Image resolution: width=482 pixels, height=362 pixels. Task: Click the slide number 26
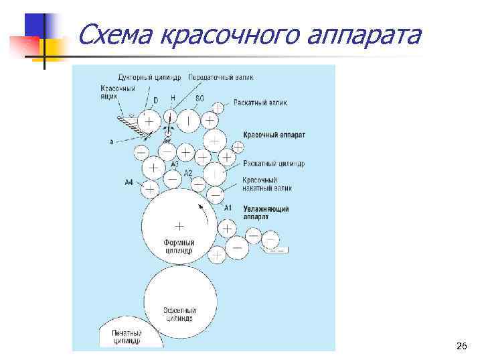(461, 346)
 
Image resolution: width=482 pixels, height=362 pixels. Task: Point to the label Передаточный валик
(221, 78)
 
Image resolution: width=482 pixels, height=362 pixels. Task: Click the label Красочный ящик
(118, 92)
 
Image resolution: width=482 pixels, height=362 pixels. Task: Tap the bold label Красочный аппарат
(274, 135)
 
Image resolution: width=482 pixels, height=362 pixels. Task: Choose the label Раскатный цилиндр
(274, 164)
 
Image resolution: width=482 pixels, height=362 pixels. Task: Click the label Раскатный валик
(260, 103)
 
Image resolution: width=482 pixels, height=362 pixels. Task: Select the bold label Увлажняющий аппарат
(266, 213)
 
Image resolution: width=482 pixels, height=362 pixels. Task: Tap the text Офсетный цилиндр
(179, 315)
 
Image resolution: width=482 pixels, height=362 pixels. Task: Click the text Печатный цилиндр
(125, 337)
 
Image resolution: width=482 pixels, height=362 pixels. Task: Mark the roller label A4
(129, 182)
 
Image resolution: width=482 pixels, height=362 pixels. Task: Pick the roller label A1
(228, 207)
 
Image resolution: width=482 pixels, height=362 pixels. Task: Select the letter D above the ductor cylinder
(155, 101)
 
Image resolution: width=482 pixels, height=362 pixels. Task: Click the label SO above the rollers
(199, 99)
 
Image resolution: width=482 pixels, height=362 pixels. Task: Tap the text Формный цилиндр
(179, 246)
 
